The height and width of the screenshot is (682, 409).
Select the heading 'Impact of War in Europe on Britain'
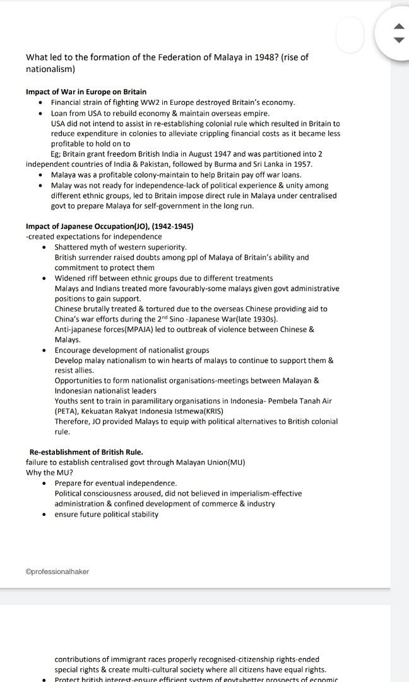coord(86,92)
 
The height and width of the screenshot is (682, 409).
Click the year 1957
coord(302,164)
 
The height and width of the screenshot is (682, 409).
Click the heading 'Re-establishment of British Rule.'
coord(86,452)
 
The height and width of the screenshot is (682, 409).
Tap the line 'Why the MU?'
coord(49,473)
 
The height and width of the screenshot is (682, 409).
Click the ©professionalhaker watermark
coord(57,571)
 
